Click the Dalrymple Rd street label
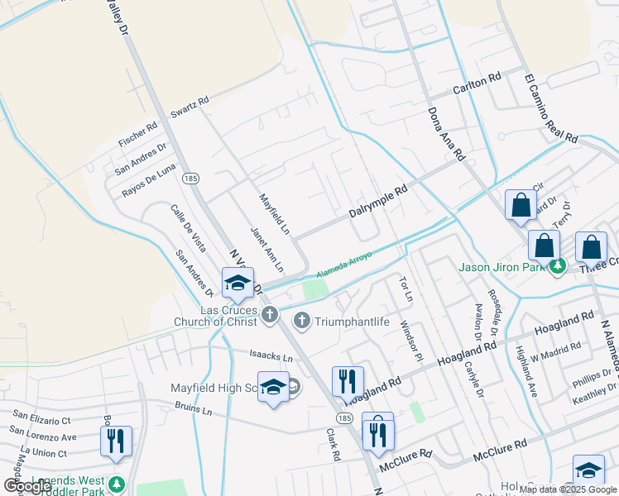click(x=378, y=201)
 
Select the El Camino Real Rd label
click(x=549, y=108)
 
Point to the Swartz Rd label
click(x=190, y=108)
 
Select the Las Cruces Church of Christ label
click(x=215, y=316)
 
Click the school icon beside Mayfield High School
click(x=273, y=387)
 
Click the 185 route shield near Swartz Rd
click(x=191, y=179)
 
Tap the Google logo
click(x=26, y=486)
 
